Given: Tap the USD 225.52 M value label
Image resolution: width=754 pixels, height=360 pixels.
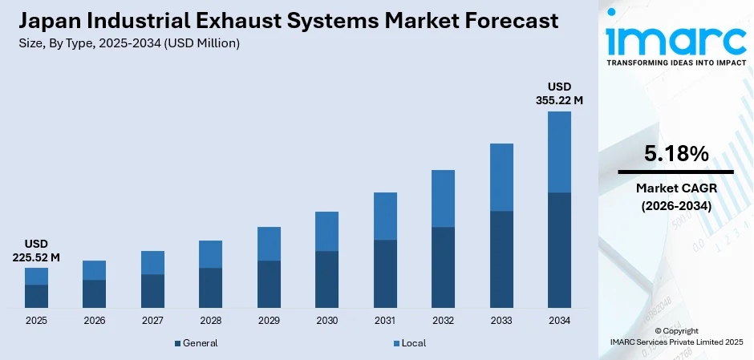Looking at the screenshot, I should [x=36, y=250].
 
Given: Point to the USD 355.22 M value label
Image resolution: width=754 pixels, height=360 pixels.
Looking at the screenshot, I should [x=559, y=93].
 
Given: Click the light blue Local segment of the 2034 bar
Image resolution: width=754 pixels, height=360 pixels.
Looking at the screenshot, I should [x=559, y=152].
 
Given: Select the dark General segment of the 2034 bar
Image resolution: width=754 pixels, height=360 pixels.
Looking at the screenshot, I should [x=559, y=250].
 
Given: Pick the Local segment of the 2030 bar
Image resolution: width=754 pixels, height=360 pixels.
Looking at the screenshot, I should [x=326, y=232].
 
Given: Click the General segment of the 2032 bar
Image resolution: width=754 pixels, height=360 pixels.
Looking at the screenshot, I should [x=443, y=268].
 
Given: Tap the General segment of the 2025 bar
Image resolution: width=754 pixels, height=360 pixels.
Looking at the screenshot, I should [x=36, y=296].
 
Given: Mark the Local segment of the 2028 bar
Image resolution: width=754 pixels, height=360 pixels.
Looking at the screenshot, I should [x=210, y=254].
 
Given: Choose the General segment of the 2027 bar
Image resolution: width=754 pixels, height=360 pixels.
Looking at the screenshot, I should [x=152, y=291].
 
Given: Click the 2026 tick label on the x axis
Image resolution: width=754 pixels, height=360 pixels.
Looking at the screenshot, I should [x=94, y=321].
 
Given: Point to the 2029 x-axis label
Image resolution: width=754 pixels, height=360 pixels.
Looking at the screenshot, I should [x=269, y=321].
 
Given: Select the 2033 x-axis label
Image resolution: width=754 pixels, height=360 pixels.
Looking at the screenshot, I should [x=501, y=321].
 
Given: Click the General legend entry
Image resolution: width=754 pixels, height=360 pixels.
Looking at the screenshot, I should [x=196, y=343].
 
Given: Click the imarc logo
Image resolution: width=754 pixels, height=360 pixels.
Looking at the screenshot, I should [x=675, y=40].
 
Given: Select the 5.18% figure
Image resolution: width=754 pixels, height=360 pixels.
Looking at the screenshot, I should [x=675, y=154].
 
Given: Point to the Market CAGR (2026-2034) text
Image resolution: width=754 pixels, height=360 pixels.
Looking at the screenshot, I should [x=675, y=196].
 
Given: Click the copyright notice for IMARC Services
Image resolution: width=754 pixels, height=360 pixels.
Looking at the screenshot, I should [x=675, y=336].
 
